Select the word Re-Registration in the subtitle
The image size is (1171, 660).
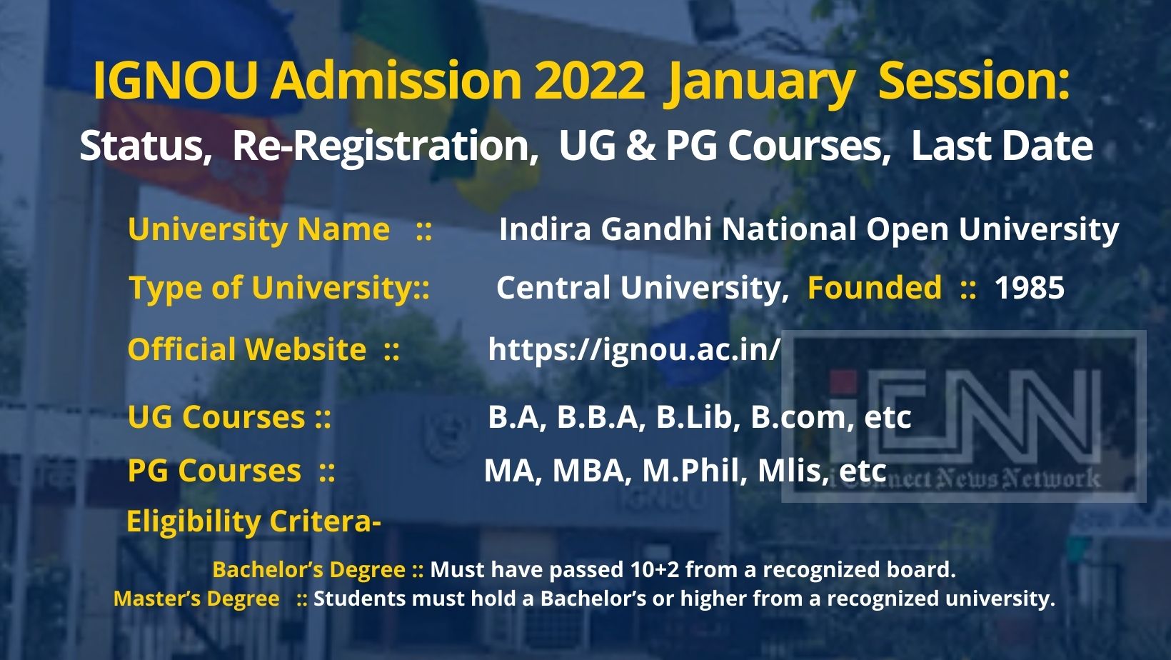[x=385, y=146]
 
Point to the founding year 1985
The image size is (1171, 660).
[x=1029, y=288]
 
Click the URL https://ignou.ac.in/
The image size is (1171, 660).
[x=634, y=349]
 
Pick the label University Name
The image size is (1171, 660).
[x=258, y=229]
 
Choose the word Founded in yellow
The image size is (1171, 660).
[x=874, y=288]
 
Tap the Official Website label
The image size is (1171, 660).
[x=246, y=349]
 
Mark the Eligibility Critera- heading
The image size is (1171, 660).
[x=253, y=521]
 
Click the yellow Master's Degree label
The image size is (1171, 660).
[x=196, y=599]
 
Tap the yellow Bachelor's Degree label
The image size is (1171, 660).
[x=308, y=569]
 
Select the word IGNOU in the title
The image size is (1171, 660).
[x=175, y=81]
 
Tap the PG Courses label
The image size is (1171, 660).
[x=214, y=471]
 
